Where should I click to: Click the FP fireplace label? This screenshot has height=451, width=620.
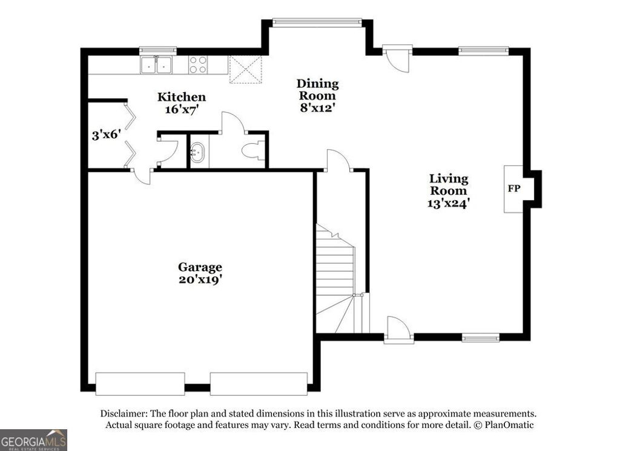(513, 189)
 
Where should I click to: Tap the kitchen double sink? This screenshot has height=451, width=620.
(156, 65)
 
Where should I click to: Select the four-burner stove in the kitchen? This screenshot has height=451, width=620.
(198, 65)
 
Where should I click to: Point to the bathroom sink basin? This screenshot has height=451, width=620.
(198, 152)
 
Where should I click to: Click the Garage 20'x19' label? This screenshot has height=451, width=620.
(200, 273)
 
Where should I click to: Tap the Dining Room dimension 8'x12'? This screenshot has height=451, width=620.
(317, 108)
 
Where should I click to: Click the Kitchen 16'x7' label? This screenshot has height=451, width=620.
(182, 103)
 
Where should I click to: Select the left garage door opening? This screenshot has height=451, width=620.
(140, 384)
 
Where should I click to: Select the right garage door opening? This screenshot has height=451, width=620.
(259, 384)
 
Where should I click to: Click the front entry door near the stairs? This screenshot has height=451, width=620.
(399, 330)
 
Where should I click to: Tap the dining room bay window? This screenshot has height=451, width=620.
(317, 22)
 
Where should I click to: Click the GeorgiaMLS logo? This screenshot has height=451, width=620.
(33, 439)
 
